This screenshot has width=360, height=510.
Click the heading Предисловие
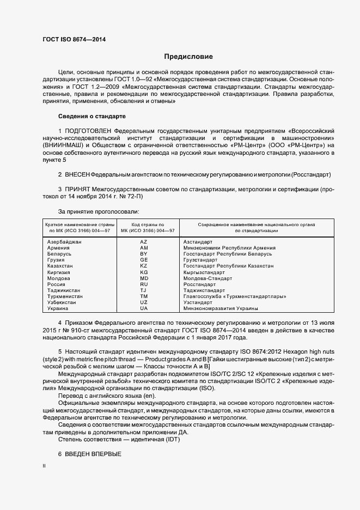tap(188, 56)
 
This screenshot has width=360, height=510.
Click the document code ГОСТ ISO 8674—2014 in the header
tap(74, 39)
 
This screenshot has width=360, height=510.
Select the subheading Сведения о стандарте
tap(91, 117)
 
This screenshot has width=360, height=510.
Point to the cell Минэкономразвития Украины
tap(216, 308)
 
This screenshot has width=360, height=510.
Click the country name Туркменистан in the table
tap(65, 296)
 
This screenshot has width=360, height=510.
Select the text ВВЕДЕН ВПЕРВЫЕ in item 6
tap(93, 454)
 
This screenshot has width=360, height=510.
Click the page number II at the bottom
tap(44, 467)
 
